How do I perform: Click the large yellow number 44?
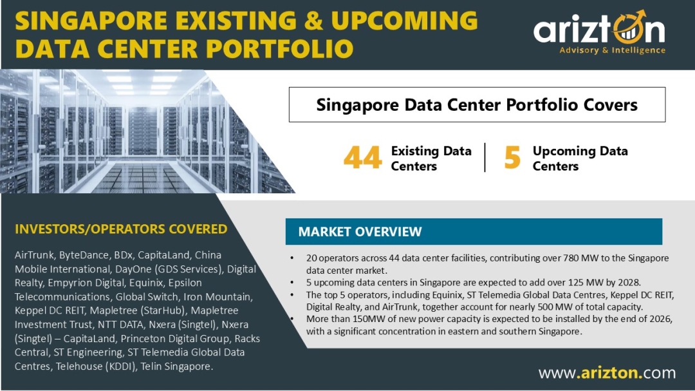click(362, 158)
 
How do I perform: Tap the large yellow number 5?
click(512, 158)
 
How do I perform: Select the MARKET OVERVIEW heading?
click(360, 232)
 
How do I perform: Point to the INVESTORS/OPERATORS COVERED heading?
click(121, 229)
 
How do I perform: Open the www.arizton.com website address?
click(607, 372)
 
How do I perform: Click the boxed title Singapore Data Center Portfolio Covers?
click(477, 105)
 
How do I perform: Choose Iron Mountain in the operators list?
click(218, 296)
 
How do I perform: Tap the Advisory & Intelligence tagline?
click(612, 50)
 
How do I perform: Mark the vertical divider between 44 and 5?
click(485, 157)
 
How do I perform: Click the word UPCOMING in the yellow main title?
click(404, 21)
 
